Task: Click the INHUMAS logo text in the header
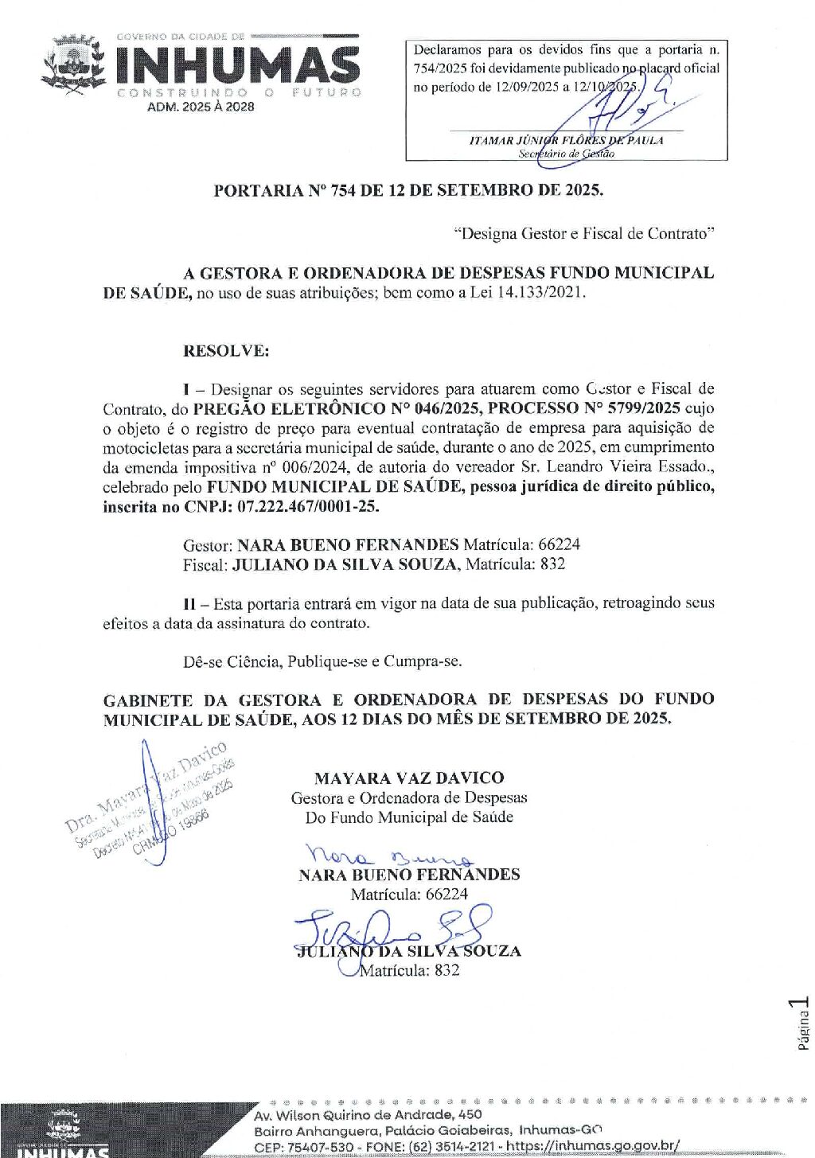click(237, 65)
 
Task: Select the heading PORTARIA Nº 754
click(407, 190)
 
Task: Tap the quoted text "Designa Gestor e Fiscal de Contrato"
click(584, 233)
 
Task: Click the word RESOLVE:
click(226, 350)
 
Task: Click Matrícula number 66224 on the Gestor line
click(559, 544)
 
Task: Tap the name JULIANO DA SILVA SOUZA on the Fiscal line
click(345, 564)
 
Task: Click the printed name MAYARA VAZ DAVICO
click(409, 778)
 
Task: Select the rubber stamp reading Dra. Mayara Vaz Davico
click(151, 800)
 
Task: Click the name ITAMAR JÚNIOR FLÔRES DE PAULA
click(566, 140)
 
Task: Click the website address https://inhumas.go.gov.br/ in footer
click(593, 1146)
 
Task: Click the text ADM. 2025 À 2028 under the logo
click(201, 107)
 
